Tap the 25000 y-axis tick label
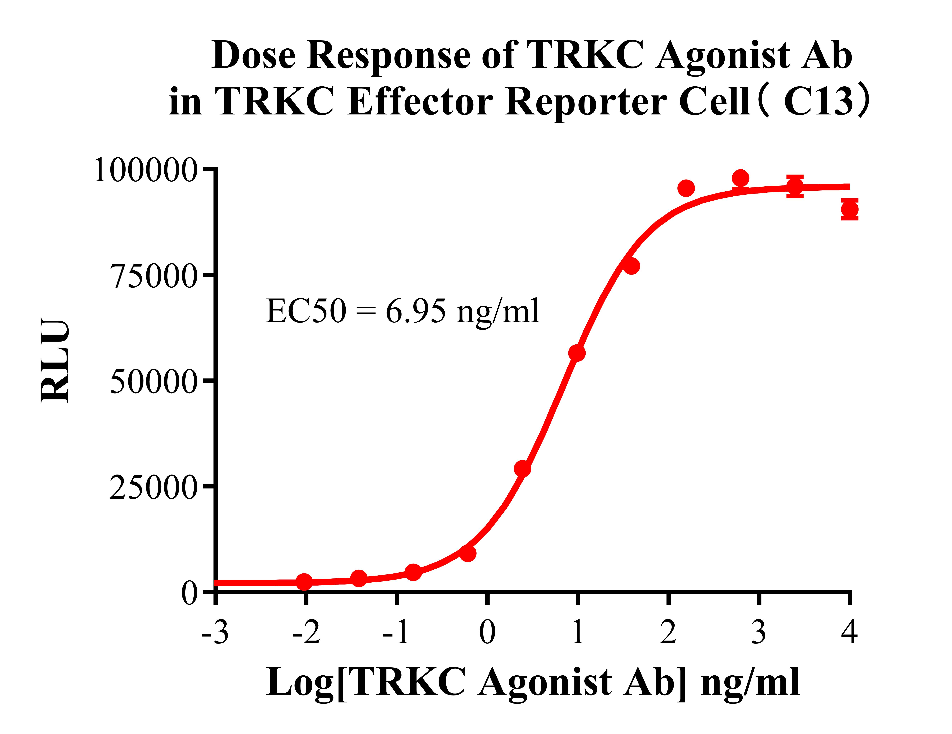coord(154,487)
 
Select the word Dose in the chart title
coord(254,56)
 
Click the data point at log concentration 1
coord(577,353)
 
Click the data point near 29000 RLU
coord(522,469)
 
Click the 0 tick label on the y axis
coord(190,593)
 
